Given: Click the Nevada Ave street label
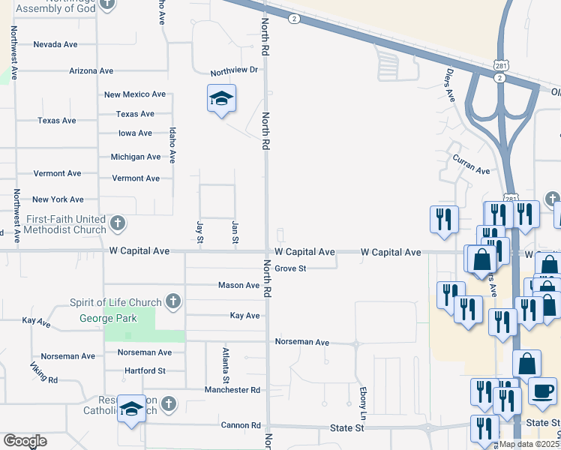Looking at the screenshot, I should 55,44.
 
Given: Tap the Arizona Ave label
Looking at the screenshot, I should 91,70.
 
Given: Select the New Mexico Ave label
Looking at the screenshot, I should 135,94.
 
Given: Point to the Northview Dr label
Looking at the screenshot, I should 234,70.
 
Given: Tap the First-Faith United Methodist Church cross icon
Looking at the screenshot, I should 117,223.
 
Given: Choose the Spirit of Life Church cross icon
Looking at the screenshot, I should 172,302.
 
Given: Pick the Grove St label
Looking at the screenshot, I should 291,268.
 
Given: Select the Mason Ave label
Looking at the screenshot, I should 238,285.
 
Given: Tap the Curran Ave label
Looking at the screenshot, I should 471,164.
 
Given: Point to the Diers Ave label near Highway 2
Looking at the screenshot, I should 450,86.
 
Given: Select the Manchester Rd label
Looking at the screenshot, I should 232,390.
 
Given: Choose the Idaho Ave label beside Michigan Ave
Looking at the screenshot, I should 172,145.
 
